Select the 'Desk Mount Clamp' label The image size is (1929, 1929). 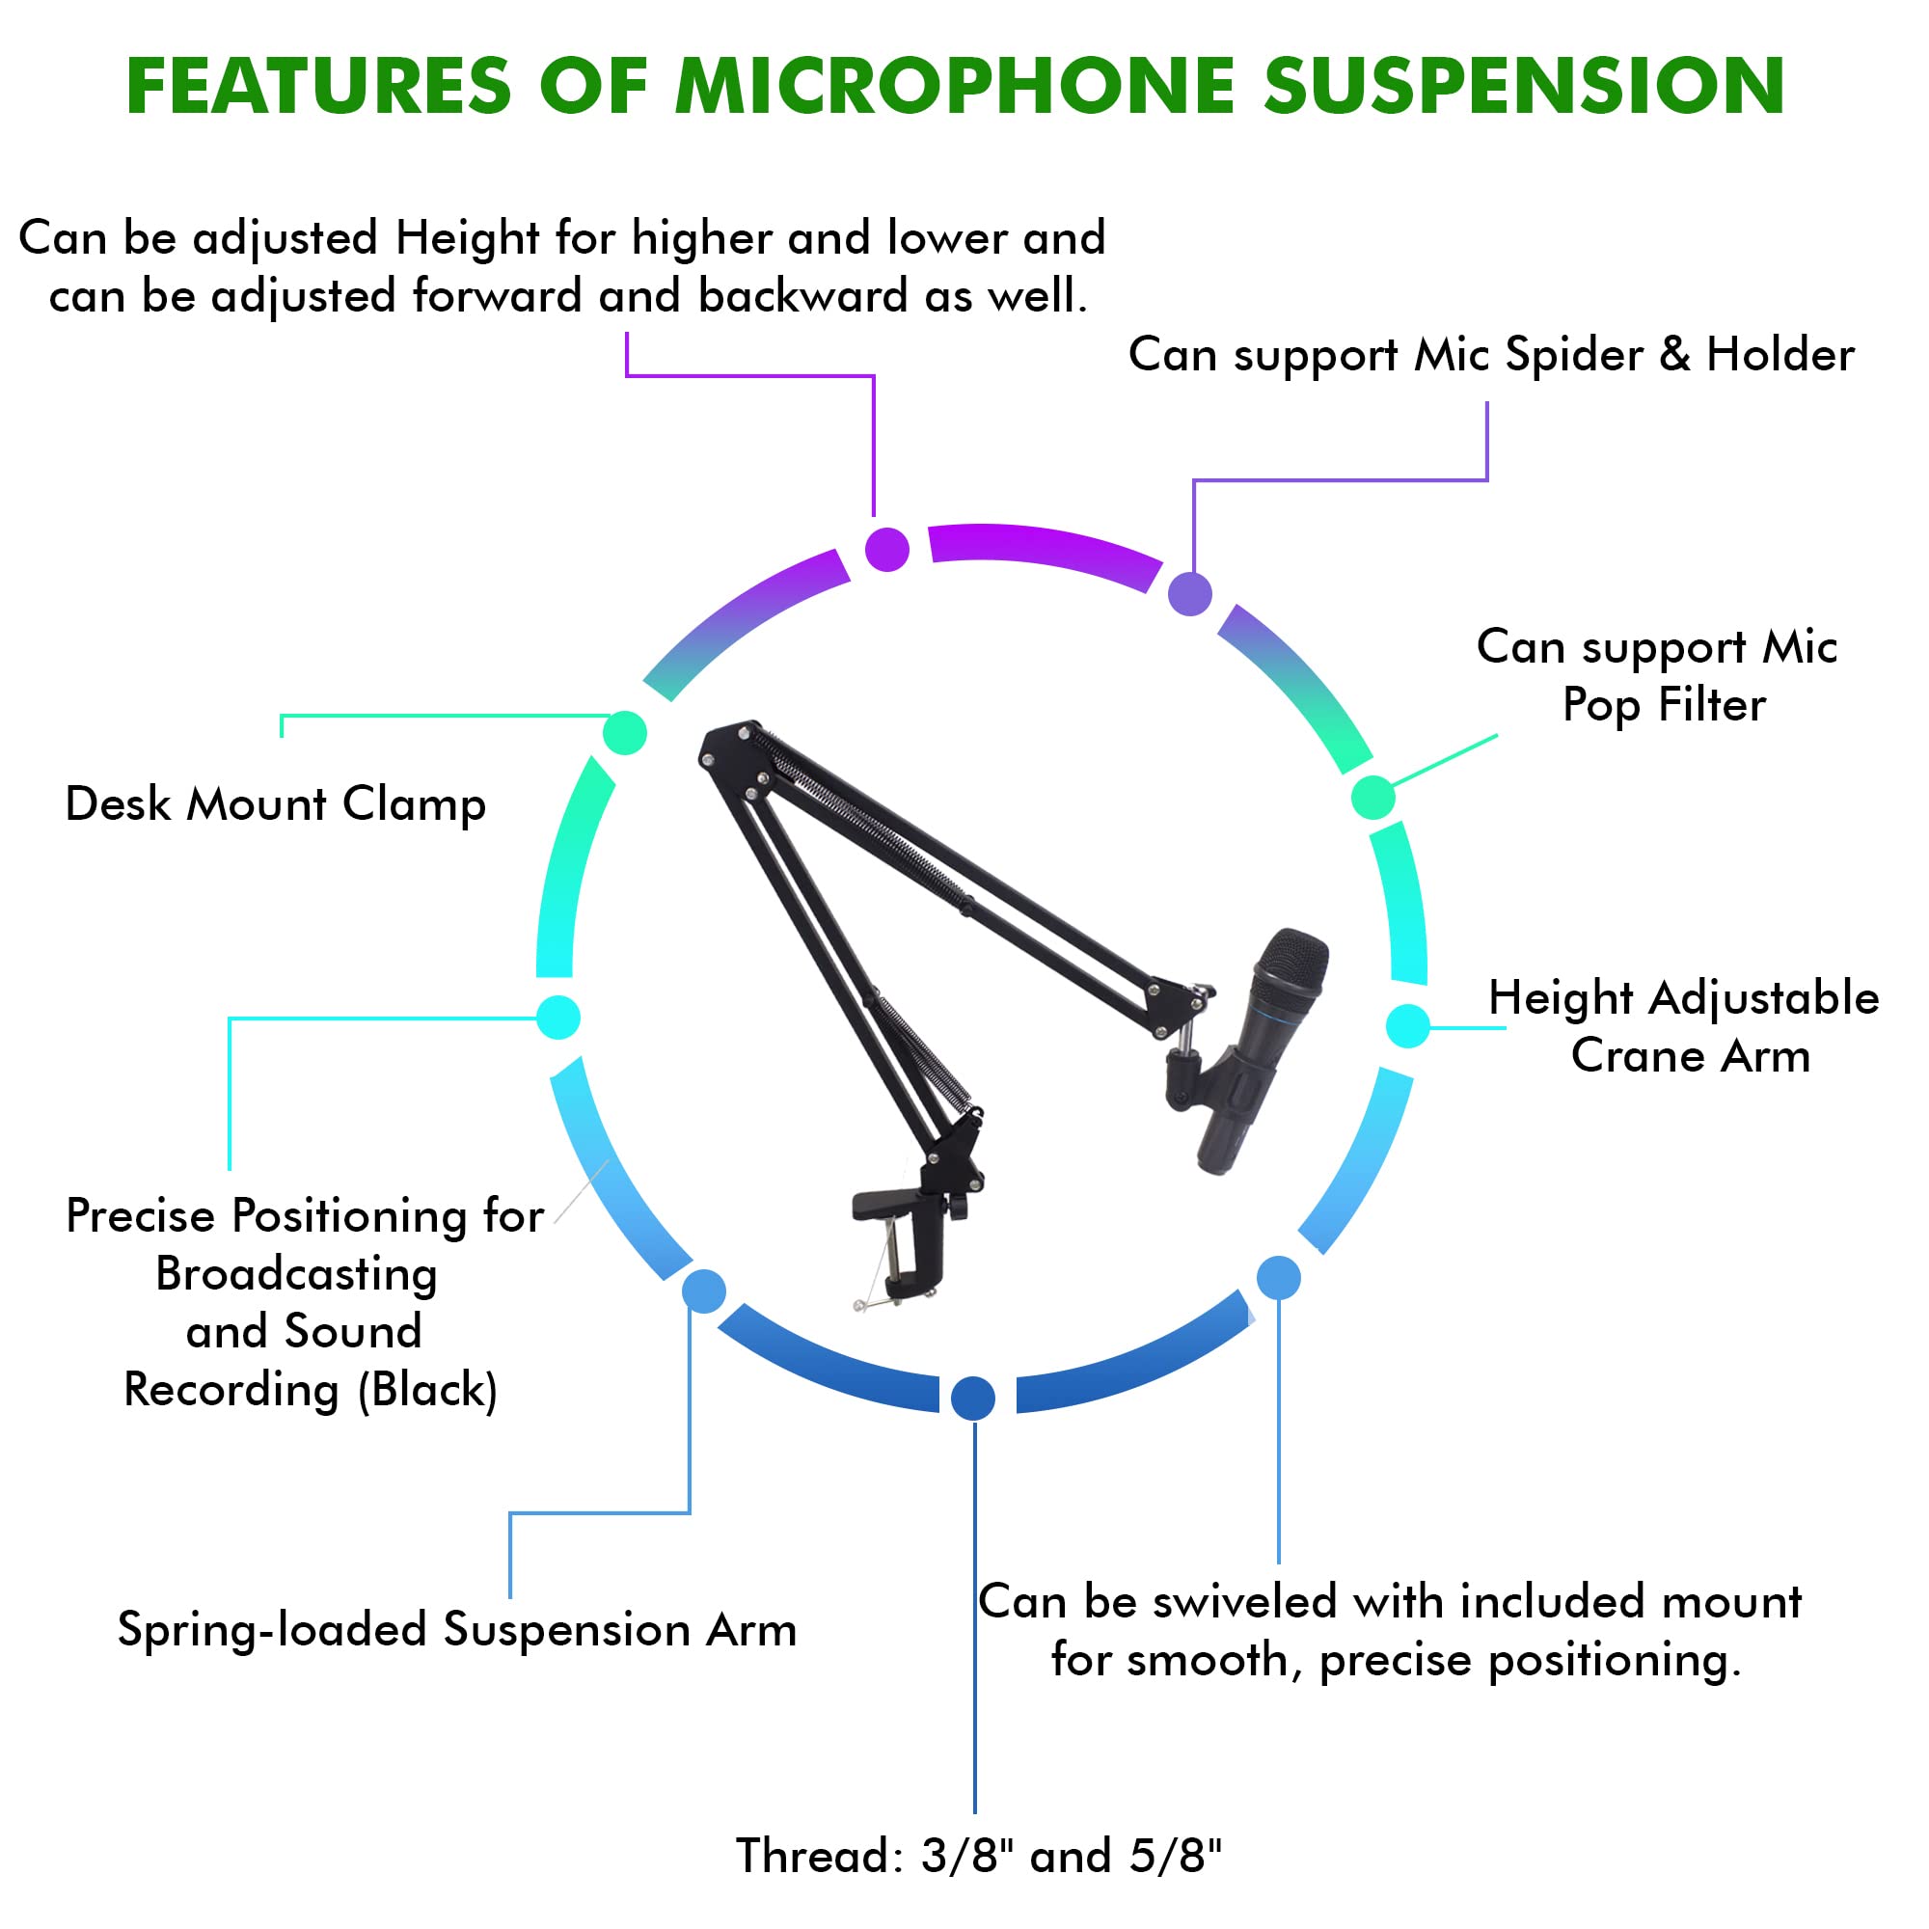coord(276,804)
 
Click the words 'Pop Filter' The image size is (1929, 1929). coord(1664,706)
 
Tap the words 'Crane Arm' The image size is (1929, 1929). coord(1691,1056)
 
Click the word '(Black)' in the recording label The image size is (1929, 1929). coord(427,1391)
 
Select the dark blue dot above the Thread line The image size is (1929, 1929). coord(972,1398)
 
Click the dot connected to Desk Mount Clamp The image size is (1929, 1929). coord(625,734)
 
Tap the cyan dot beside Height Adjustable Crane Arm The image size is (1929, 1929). coord(1408,1025)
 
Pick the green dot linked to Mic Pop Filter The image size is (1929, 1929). coord(1372,797)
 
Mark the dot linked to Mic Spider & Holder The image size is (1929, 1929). coord(1189,594)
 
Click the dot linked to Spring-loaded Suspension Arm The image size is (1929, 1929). coord(704,1291)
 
